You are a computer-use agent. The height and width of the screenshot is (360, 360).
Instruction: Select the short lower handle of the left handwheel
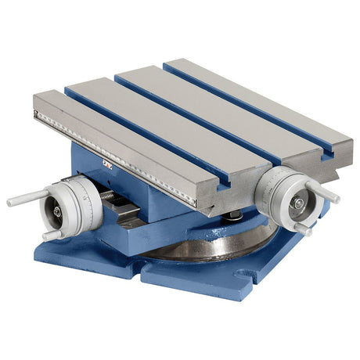click(x=52, y=232)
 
